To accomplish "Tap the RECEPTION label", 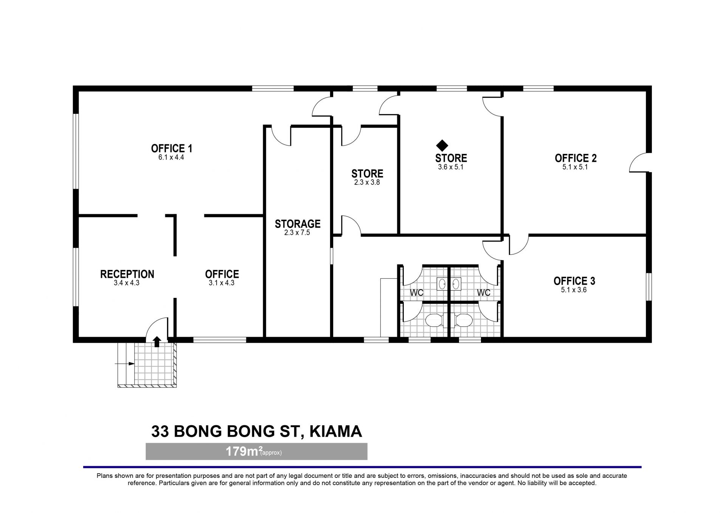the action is (x=127, y=274).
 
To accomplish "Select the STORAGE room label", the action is (x=298, y=224).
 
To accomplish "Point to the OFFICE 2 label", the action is (x=575, y=158).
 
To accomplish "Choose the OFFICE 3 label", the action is (x=574, y=281).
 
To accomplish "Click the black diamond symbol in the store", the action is (x=442, y=146).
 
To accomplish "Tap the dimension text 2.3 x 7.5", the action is (x=297, y=233).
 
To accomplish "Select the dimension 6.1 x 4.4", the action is (x=171, y=158).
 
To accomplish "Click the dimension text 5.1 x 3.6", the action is (x=574, y=290).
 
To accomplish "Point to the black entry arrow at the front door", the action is (x=157, y=342).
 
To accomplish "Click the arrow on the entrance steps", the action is (x=125, y=364).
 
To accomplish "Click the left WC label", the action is (x=417, y=293).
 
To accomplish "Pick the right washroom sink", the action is (x=456, y=284).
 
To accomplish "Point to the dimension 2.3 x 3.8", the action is (x=367, y=182).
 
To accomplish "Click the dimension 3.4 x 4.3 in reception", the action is (x=127, y=283).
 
